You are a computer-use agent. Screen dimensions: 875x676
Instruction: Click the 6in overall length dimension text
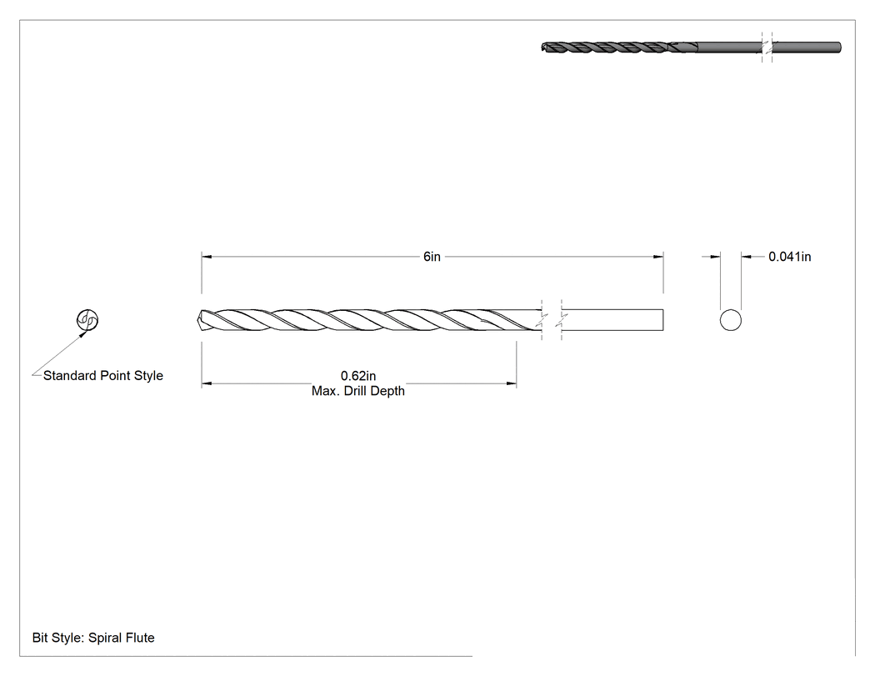point(432,257)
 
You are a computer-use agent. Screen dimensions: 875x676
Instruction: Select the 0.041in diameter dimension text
point(790,257)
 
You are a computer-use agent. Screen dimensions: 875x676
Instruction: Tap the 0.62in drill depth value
point(358,376)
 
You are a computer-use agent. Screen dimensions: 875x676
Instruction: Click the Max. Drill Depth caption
point(358,391)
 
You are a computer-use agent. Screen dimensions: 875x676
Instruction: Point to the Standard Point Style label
point(103,376)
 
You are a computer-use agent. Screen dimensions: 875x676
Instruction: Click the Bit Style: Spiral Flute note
point(93,638)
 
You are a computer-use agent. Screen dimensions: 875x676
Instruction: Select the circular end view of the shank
point(731,320)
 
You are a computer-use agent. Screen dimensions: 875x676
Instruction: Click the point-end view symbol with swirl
point(87,320)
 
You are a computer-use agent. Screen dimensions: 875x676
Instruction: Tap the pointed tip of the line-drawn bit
point(198,320)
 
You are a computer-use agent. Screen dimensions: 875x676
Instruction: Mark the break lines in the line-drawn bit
point(552,320)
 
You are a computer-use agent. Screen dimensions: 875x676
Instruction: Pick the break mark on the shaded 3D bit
point(767,48)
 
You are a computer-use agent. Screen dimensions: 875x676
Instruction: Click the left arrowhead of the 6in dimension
point(207,257)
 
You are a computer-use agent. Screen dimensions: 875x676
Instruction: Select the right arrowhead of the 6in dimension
point(658,257)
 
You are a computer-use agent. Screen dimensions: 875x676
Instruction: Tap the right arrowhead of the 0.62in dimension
point(511,383)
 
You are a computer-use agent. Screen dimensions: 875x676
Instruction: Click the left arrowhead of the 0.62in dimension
point(207,383)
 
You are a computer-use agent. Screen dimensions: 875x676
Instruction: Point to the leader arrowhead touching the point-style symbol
point(83,334)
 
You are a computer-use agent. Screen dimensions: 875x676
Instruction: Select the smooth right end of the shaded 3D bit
point(839,48)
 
